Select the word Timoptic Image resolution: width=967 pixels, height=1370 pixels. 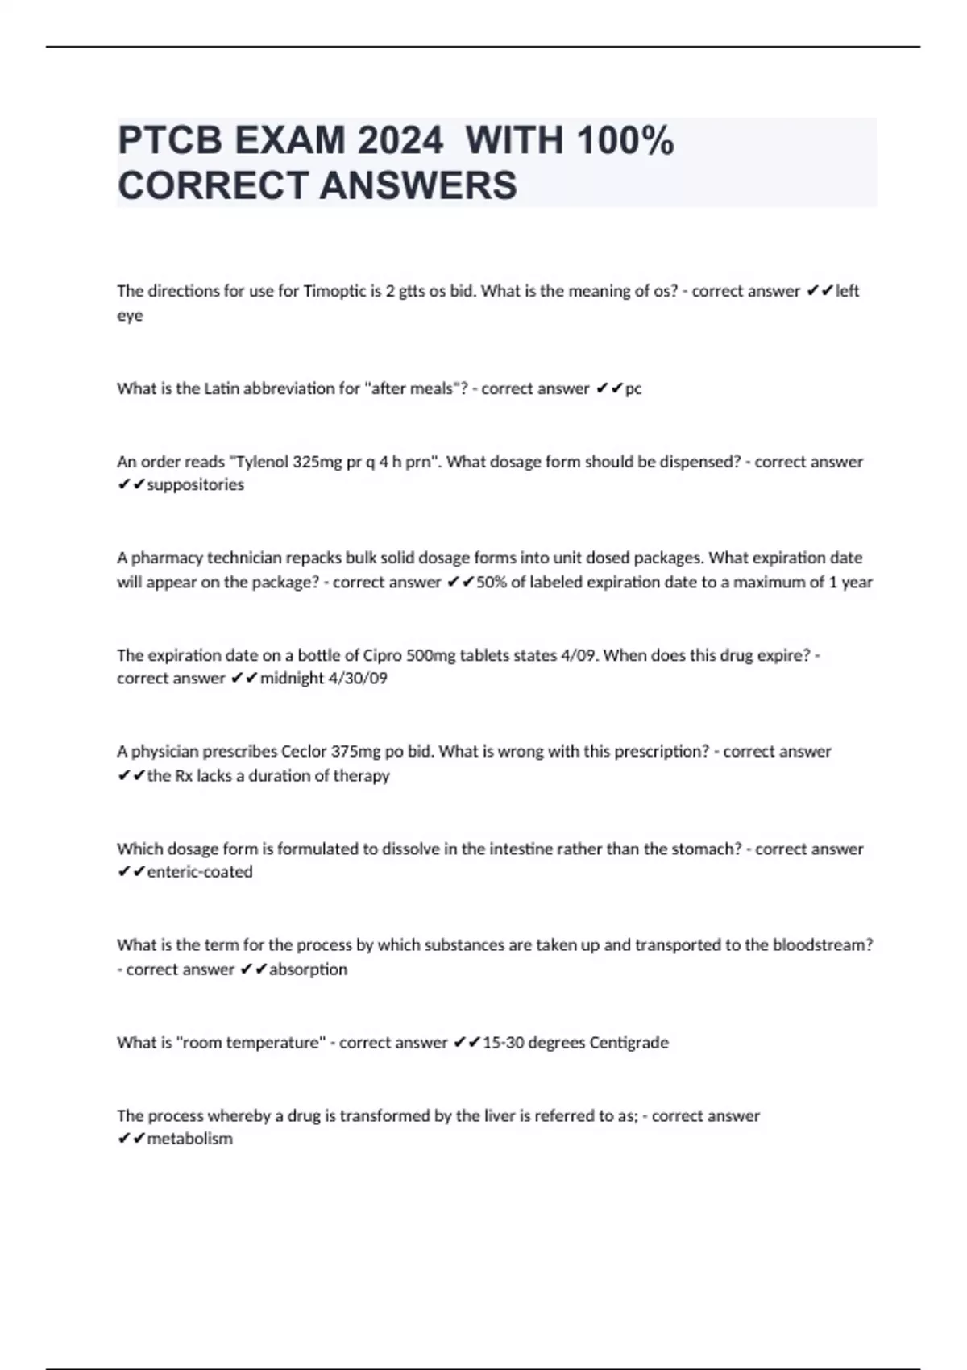click(334, 291)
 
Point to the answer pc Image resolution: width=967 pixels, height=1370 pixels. click(633, 388)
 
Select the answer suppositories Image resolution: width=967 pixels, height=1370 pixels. click(196, 484)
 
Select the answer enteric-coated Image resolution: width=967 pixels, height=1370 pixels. click(200, 871)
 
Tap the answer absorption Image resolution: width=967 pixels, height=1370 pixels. click(308, 969)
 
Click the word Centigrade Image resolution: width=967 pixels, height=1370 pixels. click(629, 1042)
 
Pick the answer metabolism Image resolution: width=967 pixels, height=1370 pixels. click(190, 1139)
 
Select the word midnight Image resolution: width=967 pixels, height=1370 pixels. click(292, 679)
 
